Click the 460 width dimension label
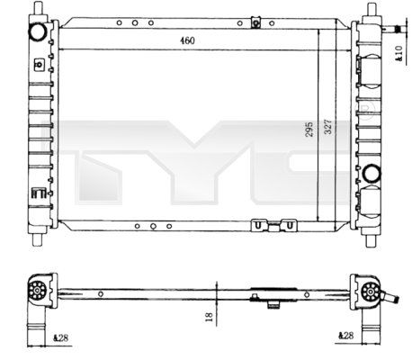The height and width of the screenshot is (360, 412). [187, 40]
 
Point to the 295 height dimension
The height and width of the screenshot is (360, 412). [309, 130]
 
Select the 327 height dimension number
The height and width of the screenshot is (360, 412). [328, 127]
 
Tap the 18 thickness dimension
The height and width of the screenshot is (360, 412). [209, 317]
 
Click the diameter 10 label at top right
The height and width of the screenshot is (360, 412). [399, 54]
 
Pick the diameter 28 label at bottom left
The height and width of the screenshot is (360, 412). [61, 338]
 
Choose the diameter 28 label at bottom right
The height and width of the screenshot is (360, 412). [345, 336]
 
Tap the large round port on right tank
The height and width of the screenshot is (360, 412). [372, 173]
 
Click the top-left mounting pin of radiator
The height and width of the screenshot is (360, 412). [38, 7]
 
